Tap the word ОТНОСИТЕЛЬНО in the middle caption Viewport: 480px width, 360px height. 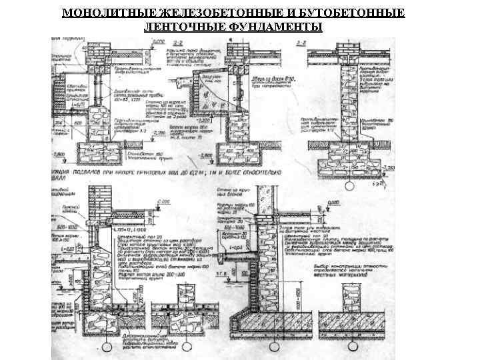point(254,173)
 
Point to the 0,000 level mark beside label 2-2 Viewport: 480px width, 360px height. point(158,43)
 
